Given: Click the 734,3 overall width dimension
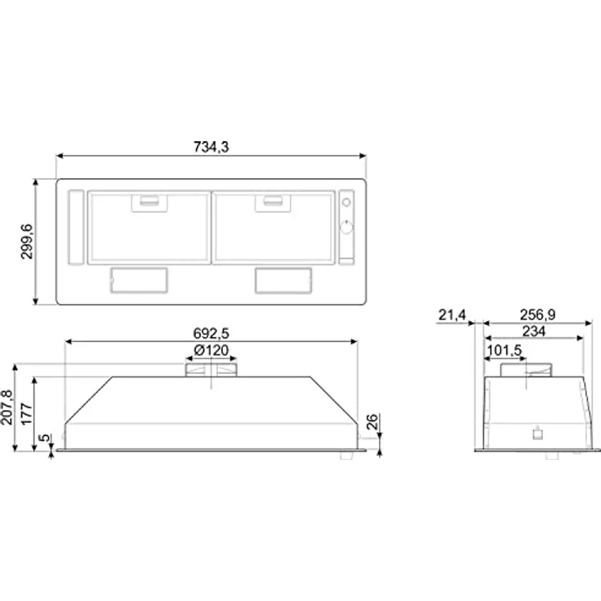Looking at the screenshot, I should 211,147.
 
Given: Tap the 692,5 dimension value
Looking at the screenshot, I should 210,332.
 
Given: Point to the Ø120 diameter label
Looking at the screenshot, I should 211,351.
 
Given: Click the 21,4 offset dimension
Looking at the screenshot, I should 450,315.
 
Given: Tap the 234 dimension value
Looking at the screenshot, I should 535,331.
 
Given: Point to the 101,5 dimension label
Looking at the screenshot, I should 505,349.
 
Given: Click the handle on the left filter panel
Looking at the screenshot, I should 147,200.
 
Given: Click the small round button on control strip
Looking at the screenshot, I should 345,201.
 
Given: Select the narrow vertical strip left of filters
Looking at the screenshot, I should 75,228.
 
